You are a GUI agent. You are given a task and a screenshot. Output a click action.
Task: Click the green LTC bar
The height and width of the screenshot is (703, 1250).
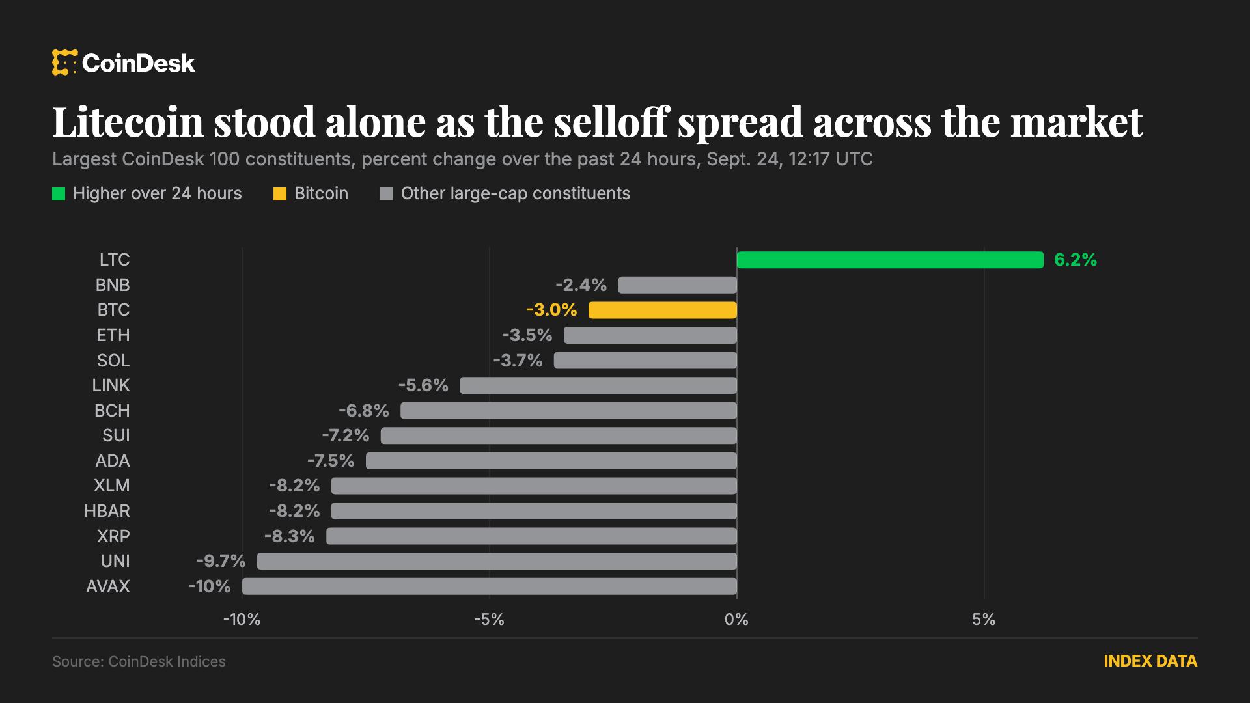coord(890,260)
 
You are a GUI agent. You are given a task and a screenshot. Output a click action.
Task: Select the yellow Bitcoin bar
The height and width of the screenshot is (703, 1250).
coord(663,310)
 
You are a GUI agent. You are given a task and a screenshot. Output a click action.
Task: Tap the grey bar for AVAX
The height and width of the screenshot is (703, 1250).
coord(490,586)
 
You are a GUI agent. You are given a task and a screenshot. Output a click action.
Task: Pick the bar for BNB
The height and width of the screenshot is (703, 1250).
coord(678,285)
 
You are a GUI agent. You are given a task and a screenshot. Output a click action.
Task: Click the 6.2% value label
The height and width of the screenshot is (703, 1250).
coord(1076,260)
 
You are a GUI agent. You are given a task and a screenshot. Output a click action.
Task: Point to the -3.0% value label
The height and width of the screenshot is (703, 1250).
coord(551,310)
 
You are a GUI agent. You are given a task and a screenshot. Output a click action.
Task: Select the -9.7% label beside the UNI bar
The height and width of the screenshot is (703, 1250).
coord(221,561)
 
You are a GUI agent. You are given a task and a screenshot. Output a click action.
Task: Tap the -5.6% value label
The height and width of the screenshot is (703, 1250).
coord(423,385)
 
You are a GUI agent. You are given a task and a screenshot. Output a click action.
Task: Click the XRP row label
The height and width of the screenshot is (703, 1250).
coord(113,536)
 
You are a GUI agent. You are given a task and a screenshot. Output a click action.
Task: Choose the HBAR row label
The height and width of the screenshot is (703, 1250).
coord(107,511)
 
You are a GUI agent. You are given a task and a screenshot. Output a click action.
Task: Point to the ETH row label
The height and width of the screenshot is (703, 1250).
coord(113,335)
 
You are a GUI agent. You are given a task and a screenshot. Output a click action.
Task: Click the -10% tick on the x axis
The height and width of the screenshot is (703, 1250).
coord(242,620)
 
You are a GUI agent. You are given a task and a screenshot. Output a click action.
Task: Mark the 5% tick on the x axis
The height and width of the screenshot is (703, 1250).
coord(984,620)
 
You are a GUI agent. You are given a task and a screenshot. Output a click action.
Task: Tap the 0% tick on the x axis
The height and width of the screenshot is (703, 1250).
coord(736,620)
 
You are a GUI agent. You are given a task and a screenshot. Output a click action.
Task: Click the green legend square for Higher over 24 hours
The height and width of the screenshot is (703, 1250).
coord(59,194)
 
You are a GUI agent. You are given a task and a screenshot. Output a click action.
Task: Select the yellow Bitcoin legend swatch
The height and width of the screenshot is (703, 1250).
coord(280,194)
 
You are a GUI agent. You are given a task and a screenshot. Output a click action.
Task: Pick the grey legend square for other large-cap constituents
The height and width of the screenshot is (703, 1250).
coord(387,194)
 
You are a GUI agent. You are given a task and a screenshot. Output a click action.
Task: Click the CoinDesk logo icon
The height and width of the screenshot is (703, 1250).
coord(64,62)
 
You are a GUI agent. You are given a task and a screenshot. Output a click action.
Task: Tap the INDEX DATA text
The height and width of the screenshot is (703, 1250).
coord(1150,661)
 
